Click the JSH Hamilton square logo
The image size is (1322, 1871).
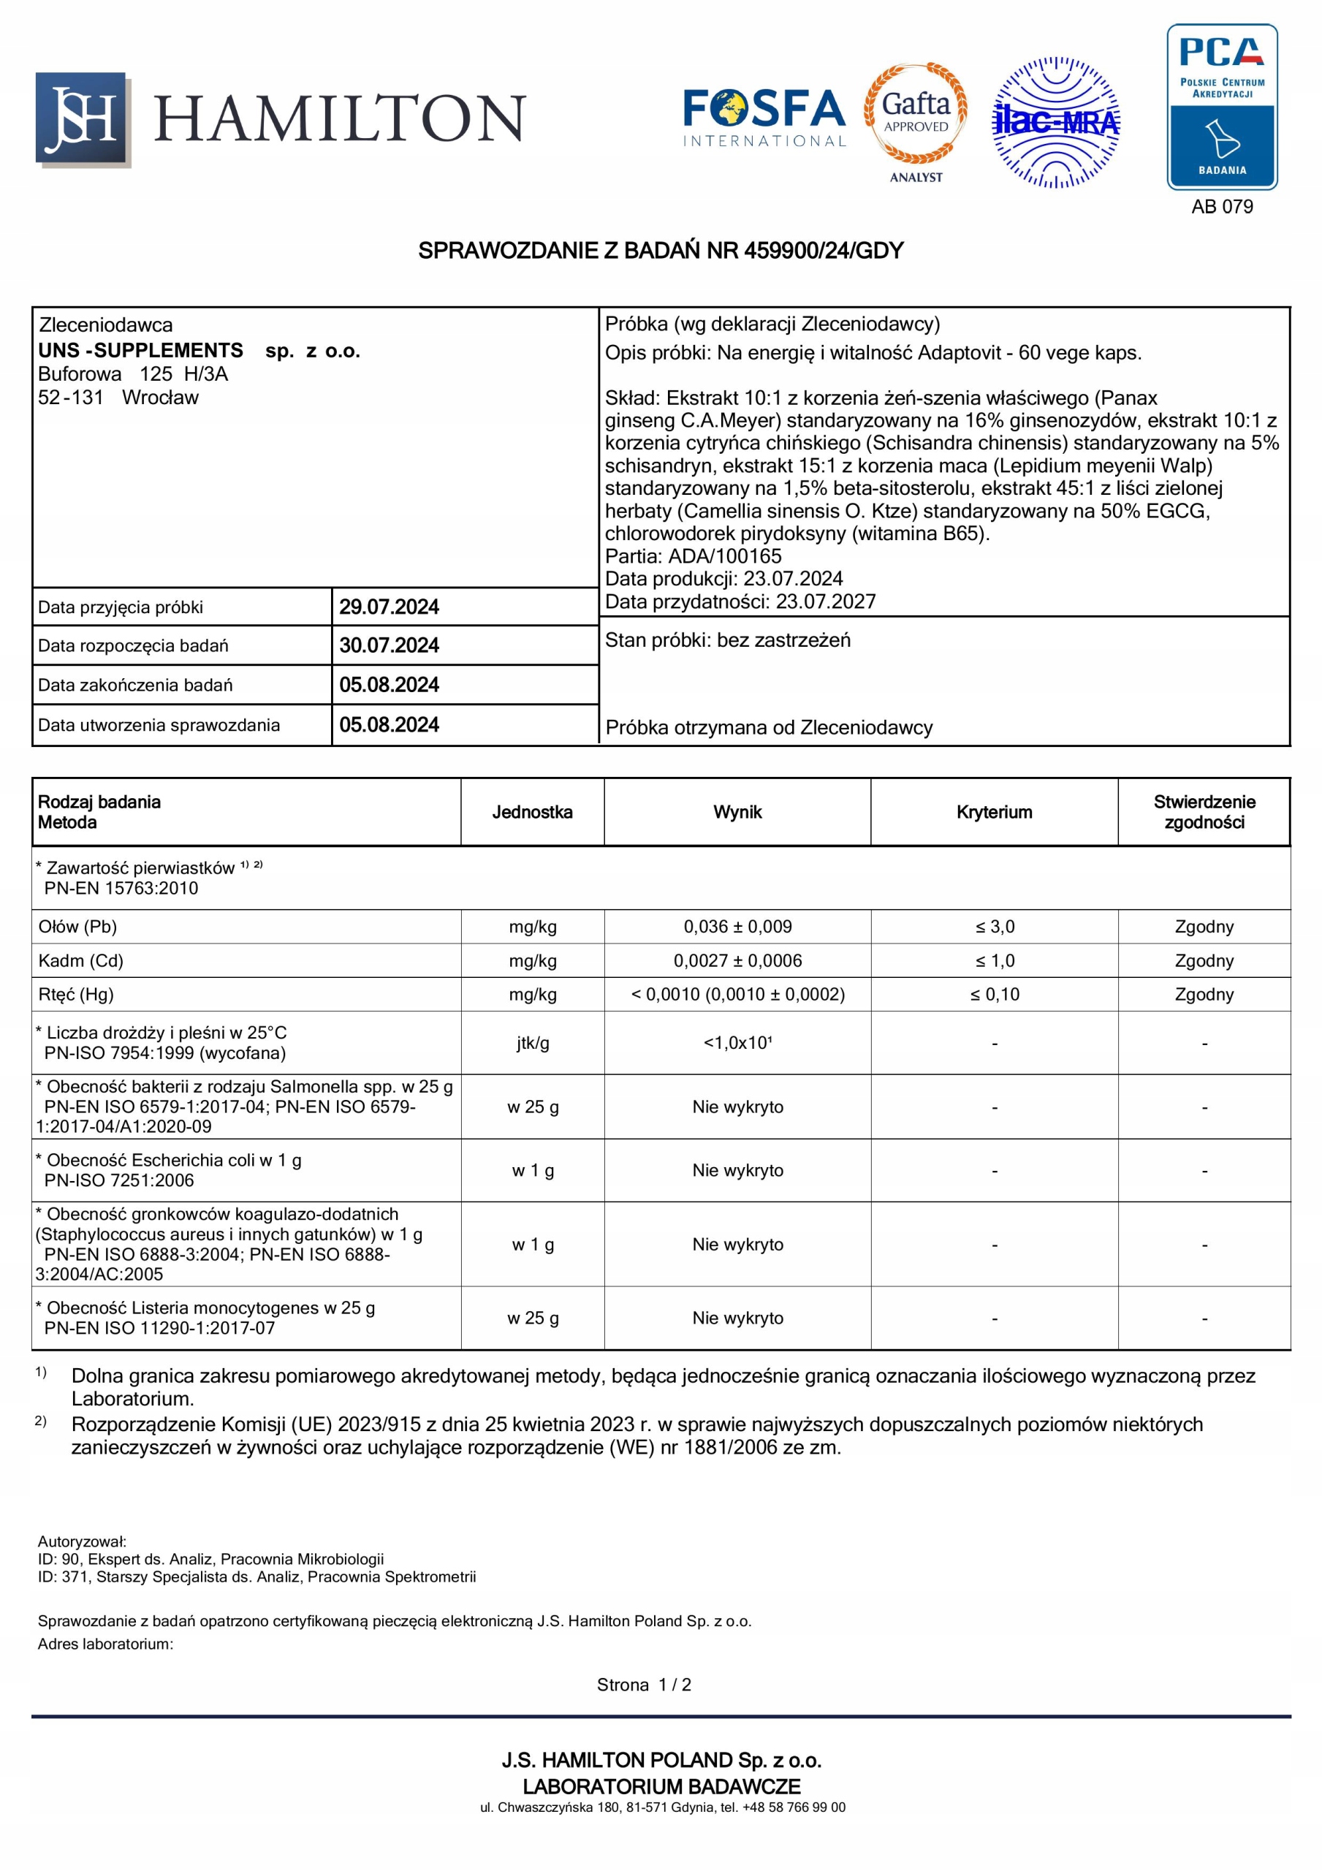click(x=82, y=119)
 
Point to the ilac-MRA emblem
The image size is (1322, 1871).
click(x=1055, y=122)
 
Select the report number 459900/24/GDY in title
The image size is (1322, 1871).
click(x=823, y=251)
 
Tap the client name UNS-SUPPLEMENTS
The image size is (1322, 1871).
click(x=141, y=350)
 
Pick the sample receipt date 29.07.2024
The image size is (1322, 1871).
click(x=389, y=607)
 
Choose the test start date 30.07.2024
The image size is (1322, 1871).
click(x=389, y=645)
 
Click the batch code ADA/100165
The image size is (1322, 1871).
click(x=724, y=557)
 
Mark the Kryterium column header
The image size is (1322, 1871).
click(x=994, y=813)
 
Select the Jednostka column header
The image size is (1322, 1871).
click(x=532, y=813)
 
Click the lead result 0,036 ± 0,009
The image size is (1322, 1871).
click(x=737, y=927)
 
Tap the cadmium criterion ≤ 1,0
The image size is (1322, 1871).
click(x=995, y=961)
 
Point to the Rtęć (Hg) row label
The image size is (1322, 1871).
click(x=76, y=994)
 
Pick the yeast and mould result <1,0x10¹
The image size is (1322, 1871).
click(x=737, y=1043)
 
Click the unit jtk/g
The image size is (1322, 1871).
click(x=532, y=1043)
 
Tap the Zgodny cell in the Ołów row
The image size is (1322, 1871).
click(x=1204, y=927)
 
